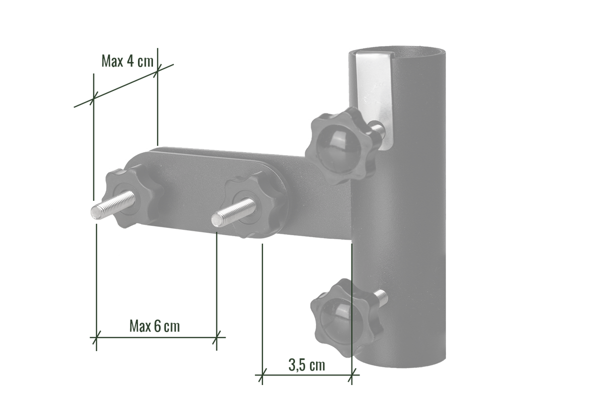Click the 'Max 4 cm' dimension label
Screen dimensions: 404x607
[x=127, y=62]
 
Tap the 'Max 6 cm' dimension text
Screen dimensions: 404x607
[x=154, y=326]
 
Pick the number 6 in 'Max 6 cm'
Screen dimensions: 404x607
[x=157, y=326]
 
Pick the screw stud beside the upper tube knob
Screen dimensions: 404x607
[x=379, y=128]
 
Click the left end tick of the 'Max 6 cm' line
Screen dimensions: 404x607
[x=95, y=337]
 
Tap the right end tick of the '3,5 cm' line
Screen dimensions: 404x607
[x=352, y=374]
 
